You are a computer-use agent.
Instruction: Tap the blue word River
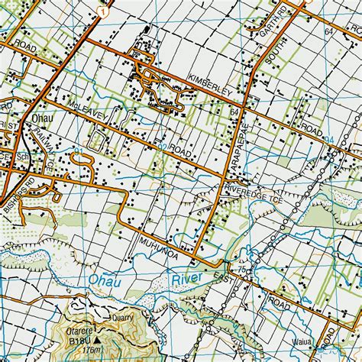point(186,278)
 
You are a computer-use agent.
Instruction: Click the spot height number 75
point(242,270)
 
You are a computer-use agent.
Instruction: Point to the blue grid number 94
point(329,138)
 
